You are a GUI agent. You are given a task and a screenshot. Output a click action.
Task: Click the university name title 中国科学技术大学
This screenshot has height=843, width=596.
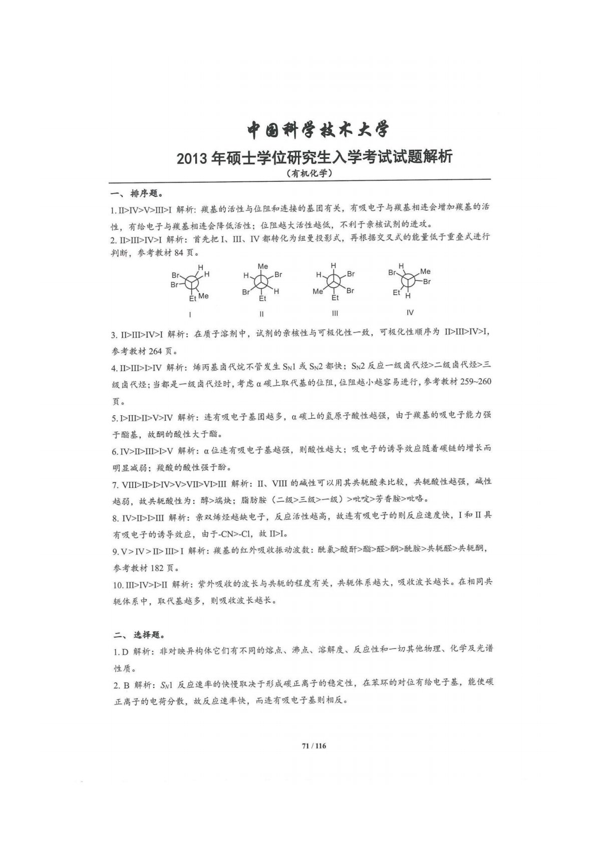click(318, 130)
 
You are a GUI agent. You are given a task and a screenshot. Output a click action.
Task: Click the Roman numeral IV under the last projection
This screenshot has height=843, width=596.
click(410, 313)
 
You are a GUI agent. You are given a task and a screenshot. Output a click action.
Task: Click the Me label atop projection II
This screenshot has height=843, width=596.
click(262, 266)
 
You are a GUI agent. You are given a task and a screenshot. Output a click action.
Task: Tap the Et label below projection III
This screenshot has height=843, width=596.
click(335, 298)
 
